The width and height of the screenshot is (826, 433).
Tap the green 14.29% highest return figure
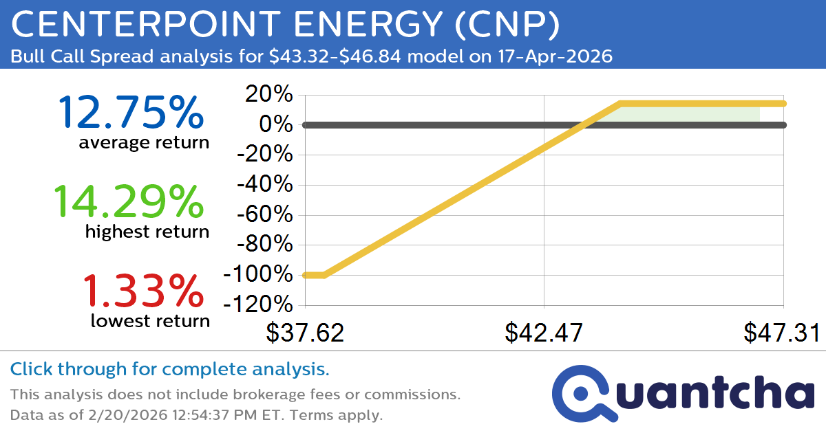[x=129, y=202]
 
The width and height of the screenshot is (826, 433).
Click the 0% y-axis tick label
[x=277, y=125]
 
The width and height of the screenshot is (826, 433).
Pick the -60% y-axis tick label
[x=265, y=215]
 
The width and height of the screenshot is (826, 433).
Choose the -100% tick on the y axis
[x=259, y=275]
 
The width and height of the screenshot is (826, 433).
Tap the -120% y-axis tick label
[x=259, y=305]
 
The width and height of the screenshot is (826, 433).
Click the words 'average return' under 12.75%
[x=143, y=142]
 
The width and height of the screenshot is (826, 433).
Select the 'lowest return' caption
[x=150, y=320]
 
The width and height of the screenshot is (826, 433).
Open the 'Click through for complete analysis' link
[x=169, y=370]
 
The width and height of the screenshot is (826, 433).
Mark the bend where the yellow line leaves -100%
[x=324, y=275]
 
